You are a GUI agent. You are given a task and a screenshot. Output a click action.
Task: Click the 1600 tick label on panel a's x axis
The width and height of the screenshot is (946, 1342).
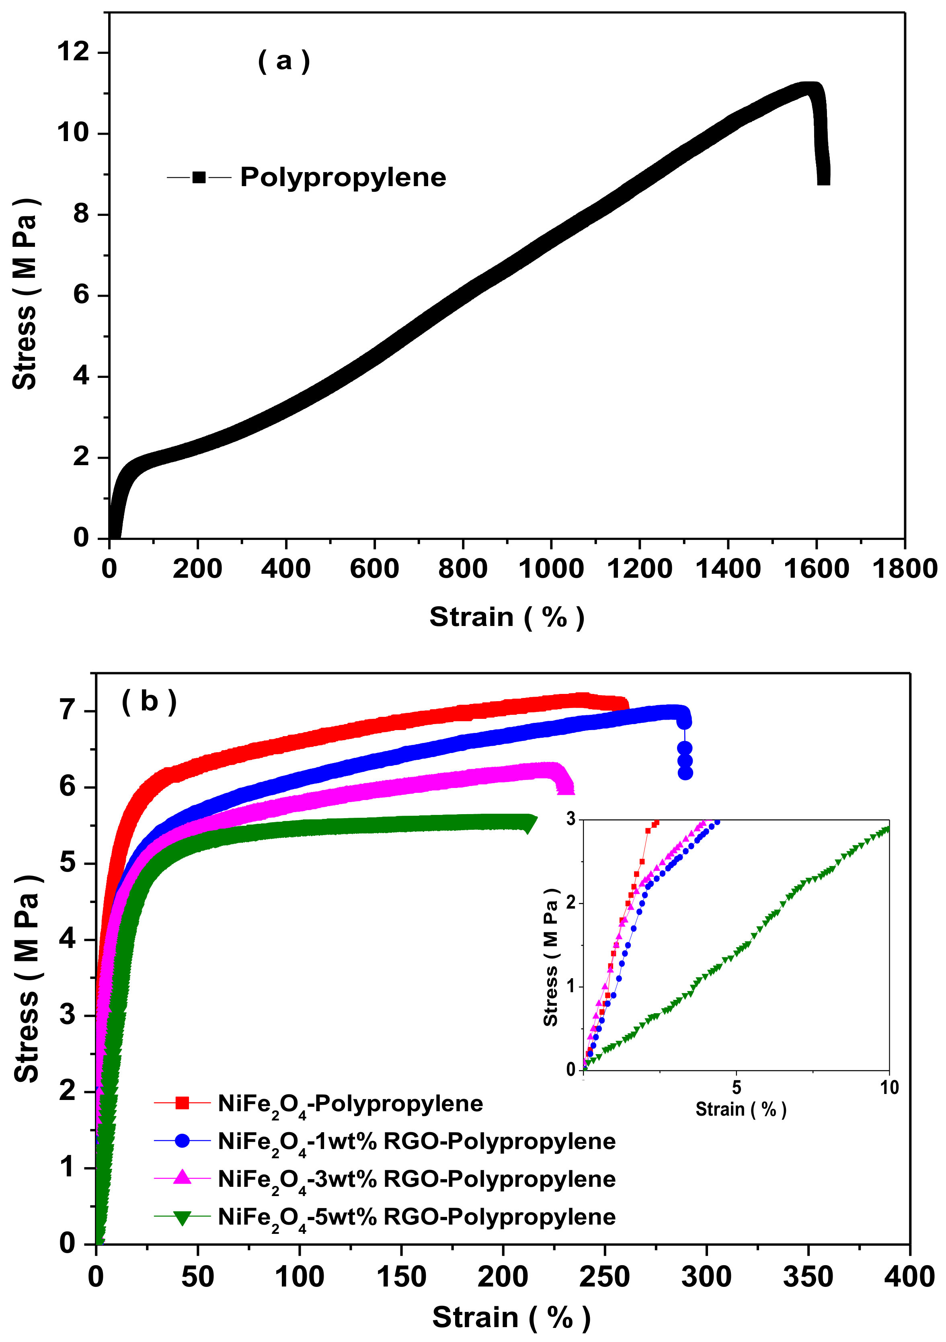click(x=816, y=569)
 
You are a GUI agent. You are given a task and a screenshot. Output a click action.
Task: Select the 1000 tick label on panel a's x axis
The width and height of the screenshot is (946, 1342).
click(x=551, y=569)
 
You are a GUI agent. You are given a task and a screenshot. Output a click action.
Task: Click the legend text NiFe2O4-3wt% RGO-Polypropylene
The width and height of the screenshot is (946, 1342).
click(x=416, y=1179)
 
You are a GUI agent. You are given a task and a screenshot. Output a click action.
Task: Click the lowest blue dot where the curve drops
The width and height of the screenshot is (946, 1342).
click(x=685, y=773)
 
